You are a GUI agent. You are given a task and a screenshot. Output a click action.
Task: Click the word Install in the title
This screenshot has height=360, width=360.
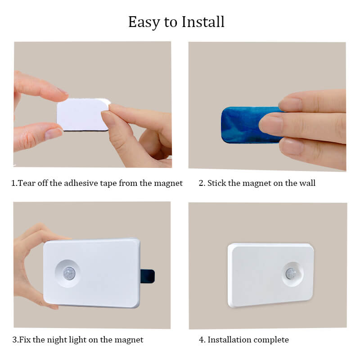[x=203, y=22]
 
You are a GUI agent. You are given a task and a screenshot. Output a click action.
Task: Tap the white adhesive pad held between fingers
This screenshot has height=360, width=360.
[x=83, y=115]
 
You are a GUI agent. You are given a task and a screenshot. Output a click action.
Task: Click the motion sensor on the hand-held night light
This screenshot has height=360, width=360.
[x=69, y=273]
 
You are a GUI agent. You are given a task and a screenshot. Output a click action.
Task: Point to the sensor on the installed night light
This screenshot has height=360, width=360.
[x=291, y=274]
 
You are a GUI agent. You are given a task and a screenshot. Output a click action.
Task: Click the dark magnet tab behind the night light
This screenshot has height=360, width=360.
[x=148, y=276]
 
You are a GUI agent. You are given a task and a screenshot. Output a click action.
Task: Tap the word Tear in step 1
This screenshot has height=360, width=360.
[x=27, y=183]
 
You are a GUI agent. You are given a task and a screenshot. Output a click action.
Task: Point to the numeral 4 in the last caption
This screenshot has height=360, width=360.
[x=201, y=340]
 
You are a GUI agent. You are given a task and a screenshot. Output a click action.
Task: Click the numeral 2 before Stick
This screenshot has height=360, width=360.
[x=201, y=183]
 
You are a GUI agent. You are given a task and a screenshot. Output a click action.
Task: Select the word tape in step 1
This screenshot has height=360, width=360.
[x=112, y=184]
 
